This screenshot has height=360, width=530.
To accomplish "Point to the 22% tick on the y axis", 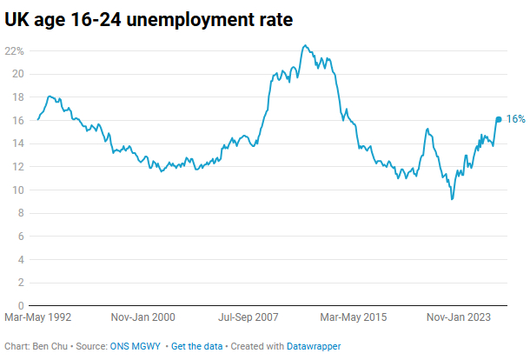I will coord(14,50).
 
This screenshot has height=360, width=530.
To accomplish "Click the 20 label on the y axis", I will coord(17,74).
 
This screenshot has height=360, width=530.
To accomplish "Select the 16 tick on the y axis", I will coord(17,120).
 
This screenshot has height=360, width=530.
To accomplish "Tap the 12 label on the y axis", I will coord(17,167).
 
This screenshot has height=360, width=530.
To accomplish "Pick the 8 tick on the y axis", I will coord(19,213).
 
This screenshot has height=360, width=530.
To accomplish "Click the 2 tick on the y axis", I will coord(19,283).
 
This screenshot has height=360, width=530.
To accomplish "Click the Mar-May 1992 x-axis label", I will coord(38,318).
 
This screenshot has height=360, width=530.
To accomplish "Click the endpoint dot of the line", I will coord(499,119).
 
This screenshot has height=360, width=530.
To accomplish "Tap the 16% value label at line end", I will coord(516,119).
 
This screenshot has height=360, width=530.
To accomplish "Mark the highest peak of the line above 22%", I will coord(303,45).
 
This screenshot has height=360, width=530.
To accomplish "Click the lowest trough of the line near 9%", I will coord(452,199).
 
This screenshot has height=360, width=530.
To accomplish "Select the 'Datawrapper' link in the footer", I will coord(314,346).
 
